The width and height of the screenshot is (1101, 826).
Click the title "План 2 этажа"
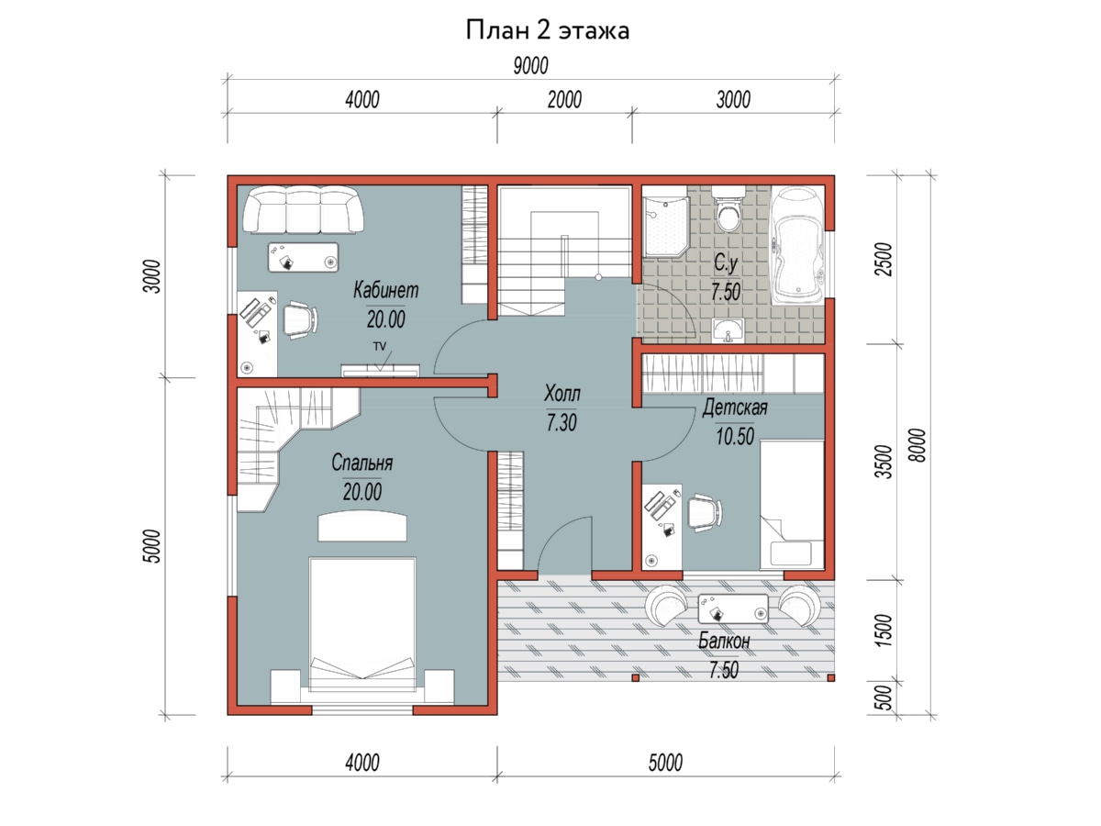[x=547, y=30]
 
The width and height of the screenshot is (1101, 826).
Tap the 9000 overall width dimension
[x=530, y=66]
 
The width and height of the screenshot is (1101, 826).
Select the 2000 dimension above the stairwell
[x=564, y=100]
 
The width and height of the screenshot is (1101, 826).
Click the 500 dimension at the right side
[x=884, y=698]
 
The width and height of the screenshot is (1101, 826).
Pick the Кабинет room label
[x=385, y=290]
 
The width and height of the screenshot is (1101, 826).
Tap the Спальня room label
[x=361, y=463]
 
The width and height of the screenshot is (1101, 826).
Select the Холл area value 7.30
[x=562, y=423]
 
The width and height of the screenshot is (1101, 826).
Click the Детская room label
[x=735, y=407]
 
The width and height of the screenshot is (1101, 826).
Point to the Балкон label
[x=724, y=641]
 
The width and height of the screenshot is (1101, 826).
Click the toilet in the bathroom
[x=728, y=208]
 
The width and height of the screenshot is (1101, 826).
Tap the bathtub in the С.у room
[x=797, y=245]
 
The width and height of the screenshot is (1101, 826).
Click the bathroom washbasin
[x=728, y=330]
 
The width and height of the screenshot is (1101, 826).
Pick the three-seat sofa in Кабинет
[x=304, y=209]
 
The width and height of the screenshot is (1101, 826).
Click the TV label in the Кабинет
[x=380, y=346]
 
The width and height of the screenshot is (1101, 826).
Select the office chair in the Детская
[x=705, y=512]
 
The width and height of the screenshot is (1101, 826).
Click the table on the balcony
[x=733, y=608]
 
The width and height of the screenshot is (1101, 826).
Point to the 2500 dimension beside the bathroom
[x=884, y=260]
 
